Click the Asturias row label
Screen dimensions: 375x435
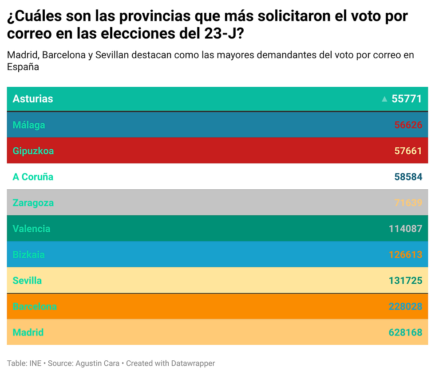point(33,99)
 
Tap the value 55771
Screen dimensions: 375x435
point(407,99)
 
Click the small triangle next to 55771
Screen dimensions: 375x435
point(384,99)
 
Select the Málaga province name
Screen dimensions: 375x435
point(29,125)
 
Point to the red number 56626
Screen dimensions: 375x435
point(408,125)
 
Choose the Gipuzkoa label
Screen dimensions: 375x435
point(33,151)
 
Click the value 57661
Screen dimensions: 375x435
point(408,151)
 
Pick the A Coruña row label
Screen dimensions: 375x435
point(33,177)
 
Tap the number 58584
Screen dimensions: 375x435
point(408,177)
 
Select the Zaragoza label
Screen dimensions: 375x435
point(33,203)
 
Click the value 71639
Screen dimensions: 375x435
point(408,203)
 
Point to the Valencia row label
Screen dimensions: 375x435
point(32,229)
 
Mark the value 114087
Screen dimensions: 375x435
point(405,229)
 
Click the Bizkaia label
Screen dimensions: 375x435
point(29,254)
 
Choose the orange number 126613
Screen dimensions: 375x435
point(405,254)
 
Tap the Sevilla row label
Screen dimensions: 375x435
point(27,281)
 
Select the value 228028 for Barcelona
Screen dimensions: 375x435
point(405,306)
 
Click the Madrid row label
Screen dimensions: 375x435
point(28,332)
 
